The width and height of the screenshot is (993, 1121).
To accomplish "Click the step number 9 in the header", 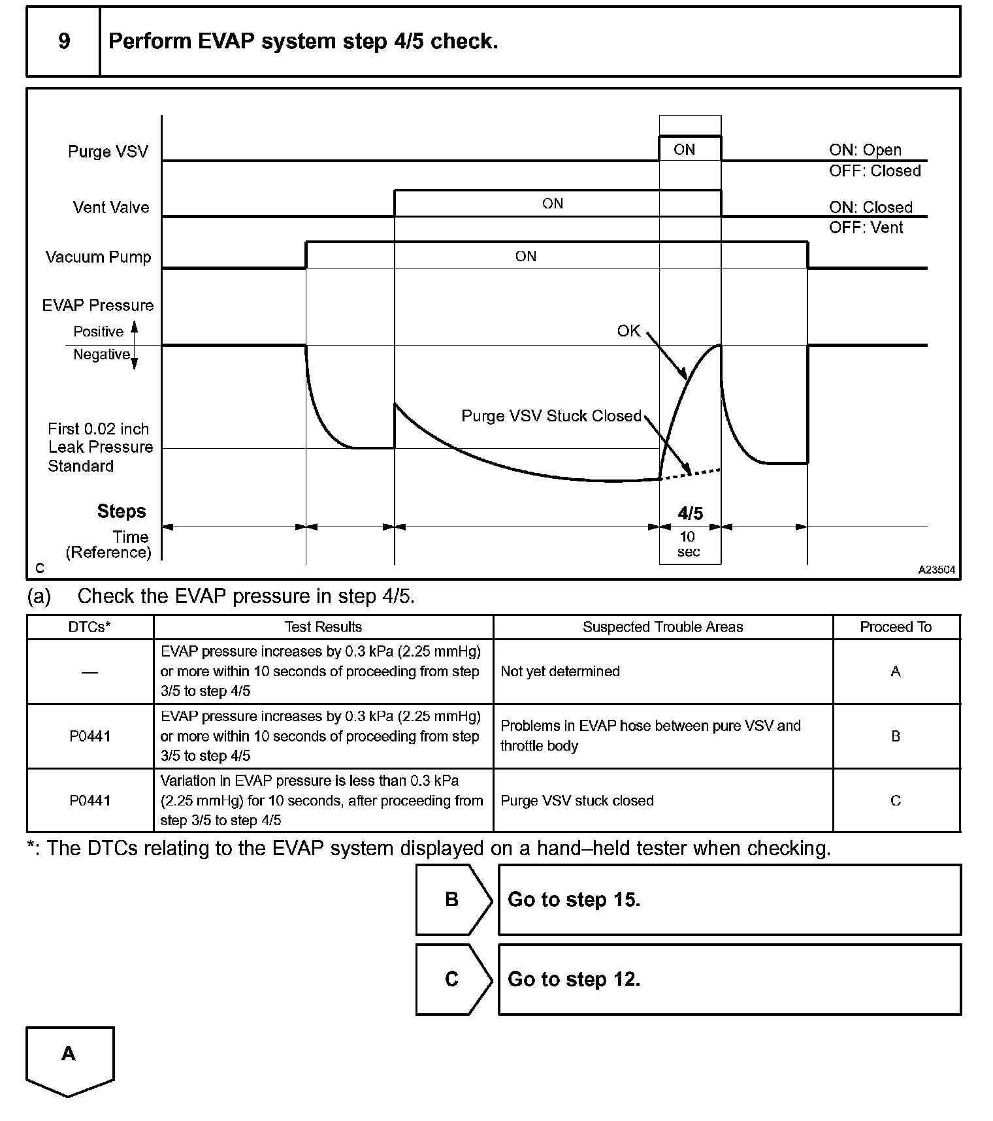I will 64,41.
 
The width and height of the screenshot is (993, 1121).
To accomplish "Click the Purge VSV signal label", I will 108,152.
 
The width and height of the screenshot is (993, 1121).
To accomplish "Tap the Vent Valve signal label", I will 111,207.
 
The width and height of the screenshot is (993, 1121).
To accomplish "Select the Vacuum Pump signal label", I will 98,257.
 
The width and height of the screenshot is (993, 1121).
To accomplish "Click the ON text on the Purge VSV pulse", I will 684,150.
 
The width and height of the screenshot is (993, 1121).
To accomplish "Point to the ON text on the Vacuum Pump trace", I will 525,256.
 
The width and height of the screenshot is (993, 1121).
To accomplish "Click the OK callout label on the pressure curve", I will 628,331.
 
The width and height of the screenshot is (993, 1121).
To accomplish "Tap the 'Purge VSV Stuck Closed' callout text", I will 551,415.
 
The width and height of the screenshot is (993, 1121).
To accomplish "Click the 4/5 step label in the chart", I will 690,513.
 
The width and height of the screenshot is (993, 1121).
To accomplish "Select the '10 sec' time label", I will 689,544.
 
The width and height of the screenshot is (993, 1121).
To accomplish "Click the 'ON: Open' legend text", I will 865,150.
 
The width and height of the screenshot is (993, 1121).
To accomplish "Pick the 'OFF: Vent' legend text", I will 866,228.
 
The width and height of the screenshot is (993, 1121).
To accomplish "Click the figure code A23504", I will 936,570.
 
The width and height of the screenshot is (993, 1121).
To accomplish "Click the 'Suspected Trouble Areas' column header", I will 662,627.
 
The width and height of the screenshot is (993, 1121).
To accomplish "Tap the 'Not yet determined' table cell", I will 560,672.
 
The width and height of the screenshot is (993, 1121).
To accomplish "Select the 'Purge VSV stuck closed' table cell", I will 577,801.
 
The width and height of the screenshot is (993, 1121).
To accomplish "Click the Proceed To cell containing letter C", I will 895,801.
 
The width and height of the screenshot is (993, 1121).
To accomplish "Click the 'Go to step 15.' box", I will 728,900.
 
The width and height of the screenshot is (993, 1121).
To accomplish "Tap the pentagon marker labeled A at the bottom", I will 69,1059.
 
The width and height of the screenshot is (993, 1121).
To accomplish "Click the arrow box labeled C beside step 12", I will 452,979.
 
